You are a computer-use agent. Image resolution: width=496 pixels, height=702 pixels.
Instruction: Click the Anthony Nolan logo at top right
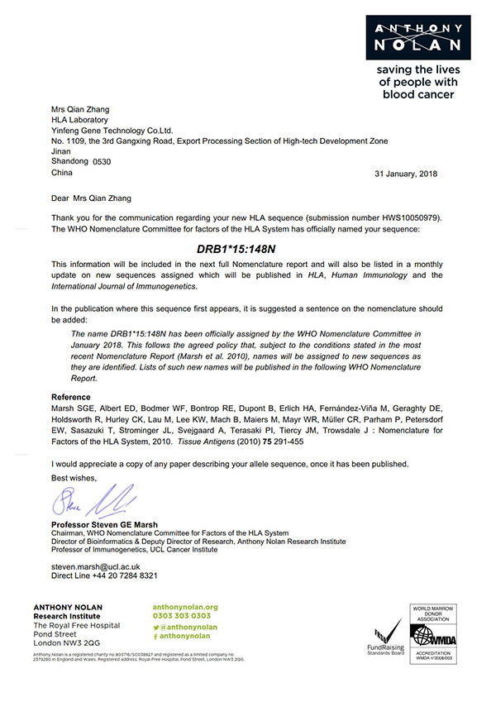pyautogui.click(x=417, y=34)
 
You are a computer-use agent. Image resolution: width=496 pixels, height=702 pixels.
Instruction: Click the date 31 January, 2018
pyautogui.click(x=406, y=174)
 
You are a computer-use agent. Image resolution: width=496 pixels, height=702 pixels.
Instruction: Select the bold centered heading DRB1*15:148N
pyautogui.click(x=248, y=246)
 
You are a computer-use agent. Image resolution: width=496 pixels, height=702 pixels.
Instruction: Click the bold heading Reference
pyautogui.click(x=71, y=397)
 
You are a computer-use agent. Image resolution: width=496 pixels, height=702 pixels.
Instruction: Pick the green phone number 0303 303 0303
pyautogui.click(x=181, y=616)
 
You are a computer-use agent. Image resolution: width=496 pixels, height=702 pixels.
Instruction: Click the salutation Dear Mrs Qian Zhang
pyautogui.click(x=92, y=198)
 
